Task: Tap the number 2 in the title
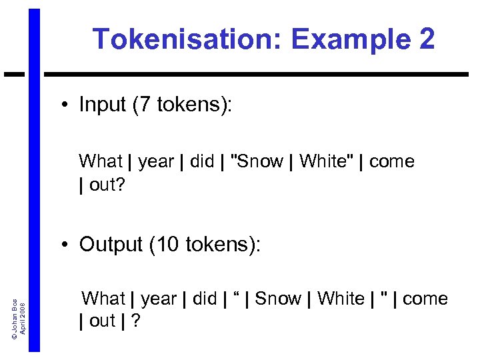click(425, 39)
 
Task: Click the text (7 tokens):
click(183, 105)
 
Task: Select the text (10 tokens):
click(205, 245)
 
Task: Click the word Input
click(103, 105)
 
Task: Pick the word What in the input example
click(101, 161)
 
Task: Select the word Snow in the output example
click(278, 299)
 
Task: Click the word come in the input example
click(391, 161)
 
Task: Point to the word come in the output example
click(425, 299)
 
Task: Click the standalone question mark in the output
click(136, 321)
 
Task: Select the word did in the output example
click(205, 299)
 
